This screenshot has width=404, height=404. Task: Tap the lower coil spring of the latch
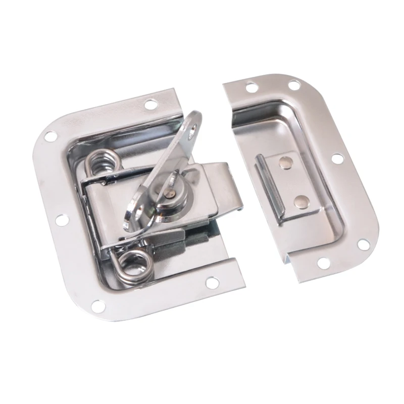(135, 266)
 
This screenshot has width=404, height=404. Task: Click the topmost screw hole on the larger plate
(150, 105)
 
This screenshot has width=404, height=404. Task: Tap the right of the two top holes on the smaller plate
(294, 85)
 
